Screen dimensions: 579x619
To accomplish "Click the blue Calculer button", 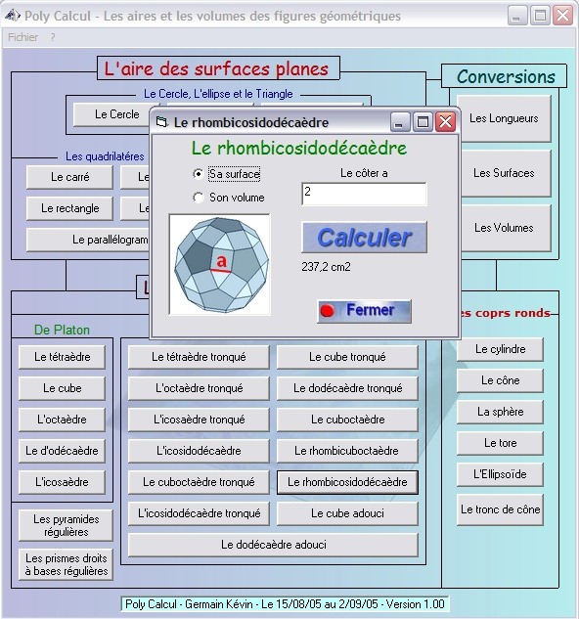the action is [x=364, y=238].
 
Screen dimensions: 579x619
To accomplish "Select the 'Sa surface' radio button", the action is [x=199, y=174].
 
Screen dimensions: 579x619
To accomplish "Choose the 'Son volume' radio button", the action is [x=199, y=197].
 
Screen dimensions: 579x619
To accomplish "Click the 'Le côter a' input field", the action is [x=364, y=194].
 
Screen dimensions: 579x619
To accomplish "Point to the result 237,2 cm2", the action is [x=326, y=267].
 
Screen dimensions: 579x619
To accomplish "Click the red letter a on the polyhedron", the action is [x=222, y=261].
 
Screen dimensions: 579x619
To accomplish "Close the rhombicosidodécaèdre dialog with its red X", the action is [x=446, y=121].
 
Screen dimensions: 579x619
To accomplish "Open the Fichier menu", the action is [x=22, y=37].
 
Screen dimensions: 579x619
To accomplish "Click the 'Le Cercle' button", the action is [x=116, y=114].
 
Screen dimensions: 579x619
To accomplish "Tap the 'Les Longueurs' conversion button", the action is [x=504, y=118].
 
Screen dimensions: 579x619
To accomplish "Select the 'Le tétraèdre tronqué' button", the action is [x=199, y=357].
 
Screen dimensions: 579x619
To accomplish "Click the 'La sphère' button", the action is [x=500, y=412].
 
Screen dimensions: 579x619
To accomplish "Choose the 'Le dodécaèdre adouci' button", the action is [x=273, y=545].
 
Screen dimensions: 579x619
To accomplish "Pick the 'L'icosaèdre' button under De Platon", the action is [x=62, y=482].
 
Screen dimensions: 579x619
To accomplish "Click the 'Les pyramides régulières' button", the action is [x=66, y=525].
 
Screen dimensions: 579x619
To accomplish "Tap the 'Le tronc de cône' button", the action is [x=500, y=509].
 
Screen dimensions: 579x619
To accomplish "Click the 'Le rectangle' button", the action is [x=69, y=208].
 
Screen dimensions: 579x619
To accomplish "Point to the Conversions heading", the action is [x=506, y=76].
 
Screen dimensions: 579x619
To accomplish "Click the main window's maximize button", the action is [x=540, y=17].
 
